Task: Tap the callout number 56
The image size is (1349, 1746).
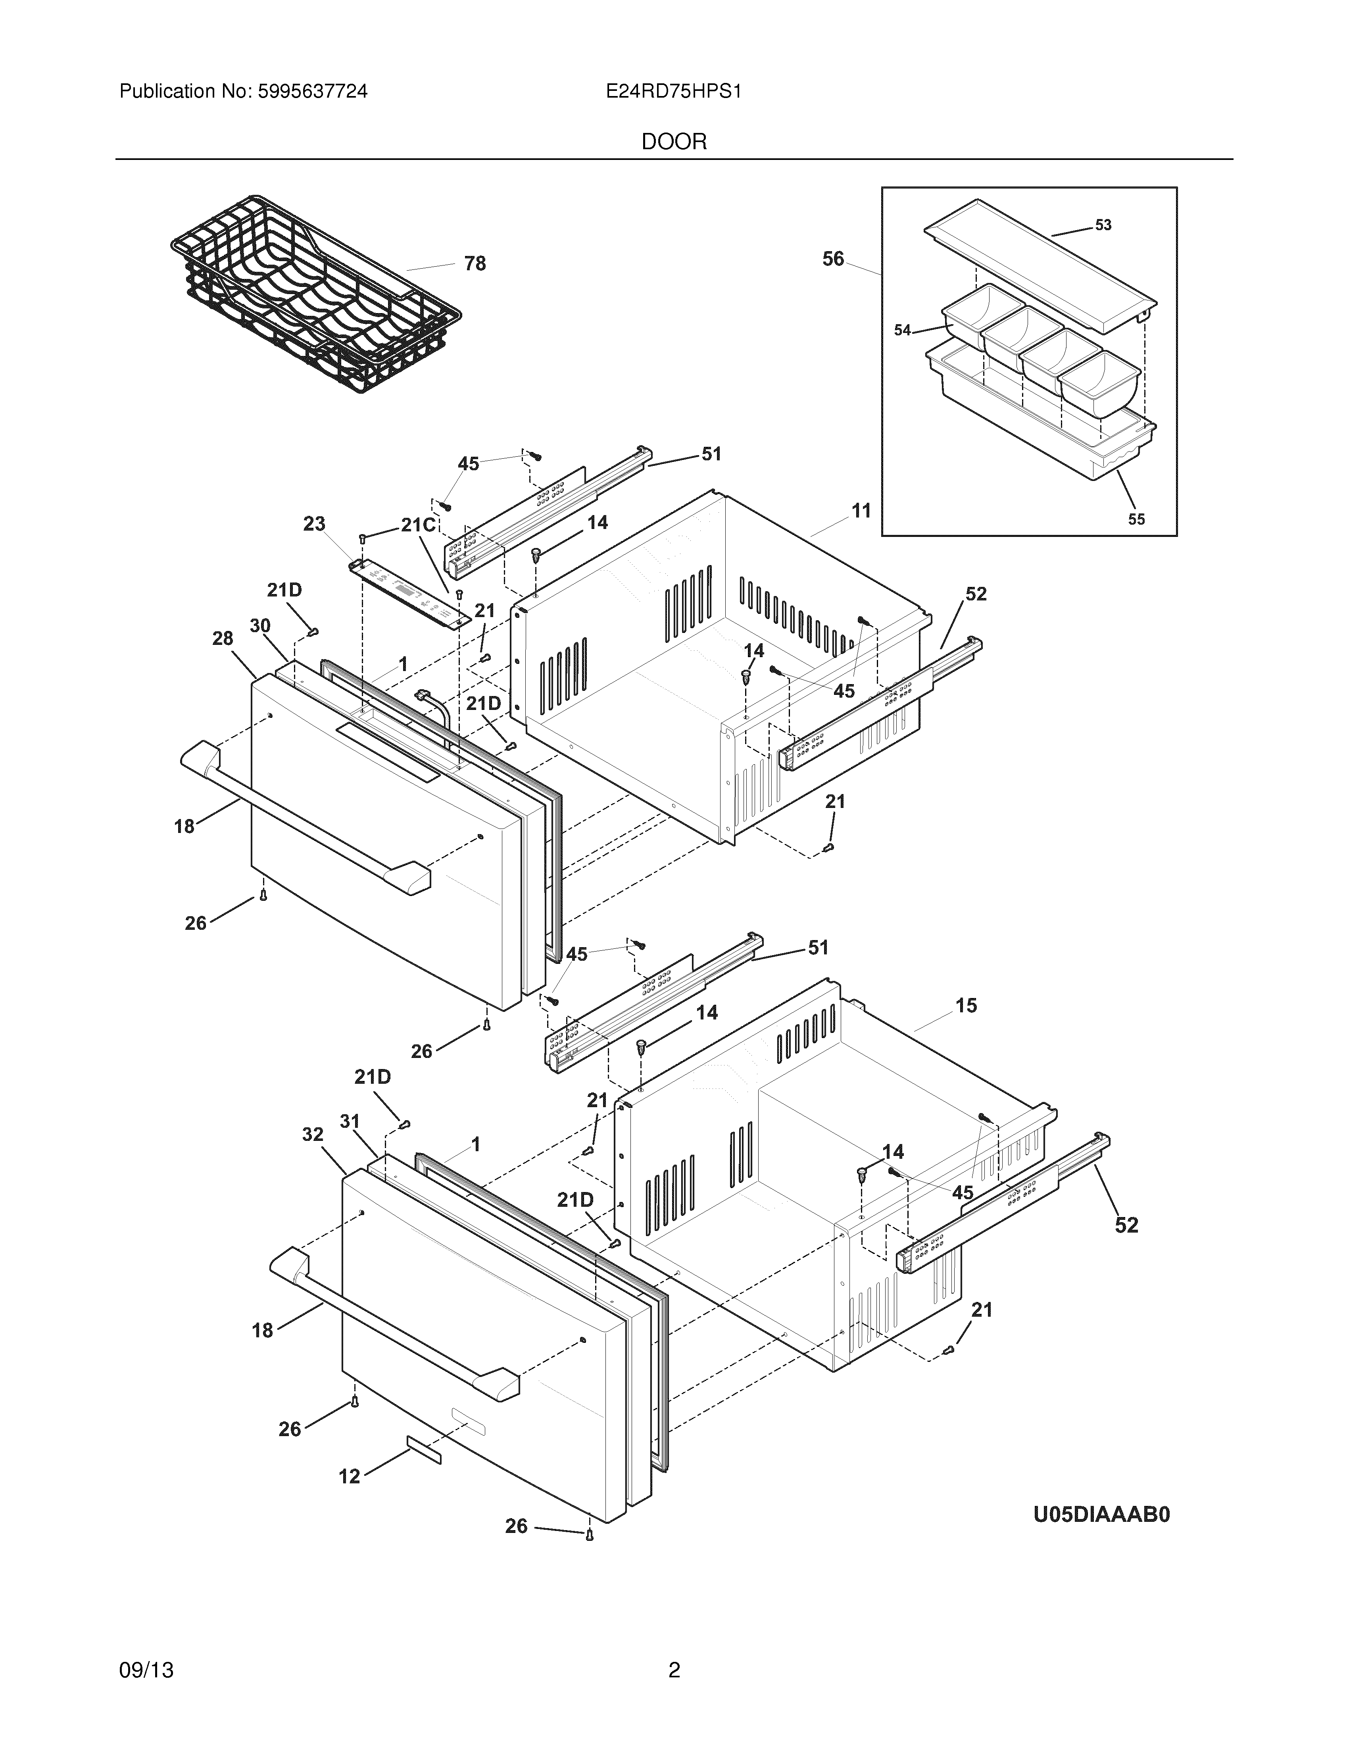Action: (833, 259)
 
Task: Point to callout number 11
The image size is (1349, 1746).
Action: (861, 510)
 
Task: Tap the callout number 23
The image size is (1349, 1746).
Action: (314, 524)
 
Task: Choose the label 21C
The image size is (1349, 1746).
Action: (418, 525)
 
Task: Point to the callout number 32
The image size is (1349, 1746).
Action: (313, 1135)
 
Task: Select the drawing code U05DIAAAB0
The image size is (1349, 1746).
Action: (1101, 1514)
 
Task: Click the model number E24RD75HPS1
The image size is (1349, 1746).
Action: (674, 92)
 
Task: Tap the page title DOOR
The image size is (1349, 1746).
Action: (674, 142)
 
